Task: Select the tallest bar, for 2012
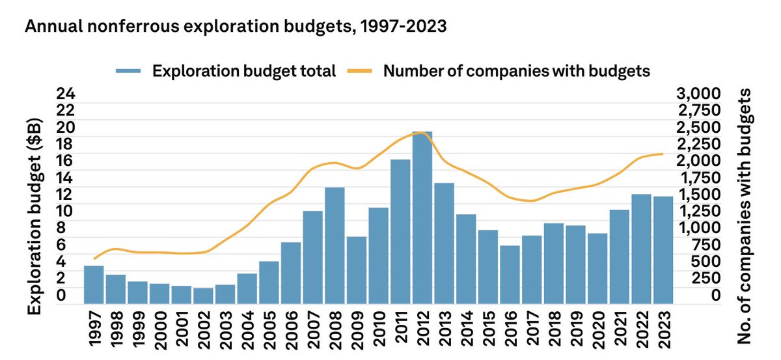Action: point(422,217)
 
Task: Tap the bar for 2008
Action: point(335,245)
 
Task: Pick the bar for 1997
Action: point(94,284)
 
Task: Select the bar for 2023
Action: point(663,250)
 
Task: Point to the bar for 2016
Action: point(510,274)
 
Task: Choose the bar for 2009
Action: point(357,270)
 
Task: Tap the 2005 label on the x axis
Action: point(269,332)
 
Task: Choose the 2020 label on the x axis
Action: point(597,332)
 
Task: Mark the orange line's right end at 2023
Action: point(663,154)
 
